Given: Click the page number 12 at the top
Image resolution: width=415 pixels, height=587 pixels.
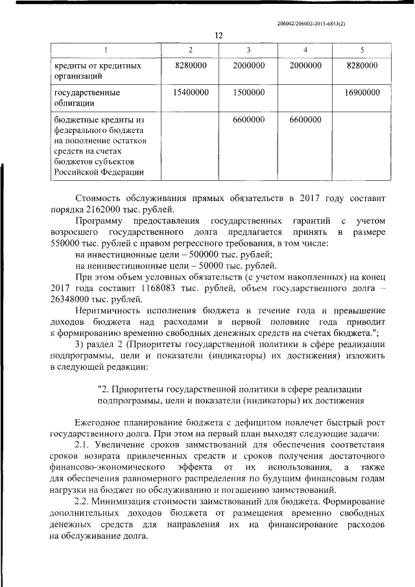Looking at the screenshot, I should pyautogui.click(x=219, y=36).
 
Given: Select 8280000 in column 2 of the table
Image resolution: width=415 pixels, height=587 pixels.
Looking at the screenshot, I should pyautogui.click(x=191, y=66).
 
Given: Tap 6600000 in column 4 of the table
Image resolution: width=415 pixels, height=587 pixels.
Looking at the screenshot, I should pyautogui.click(x=305, y=120).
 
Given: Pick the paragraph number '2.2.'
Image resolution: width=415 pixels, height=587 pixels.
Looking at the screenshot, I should pyautogui.click(x=85, y=502).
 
